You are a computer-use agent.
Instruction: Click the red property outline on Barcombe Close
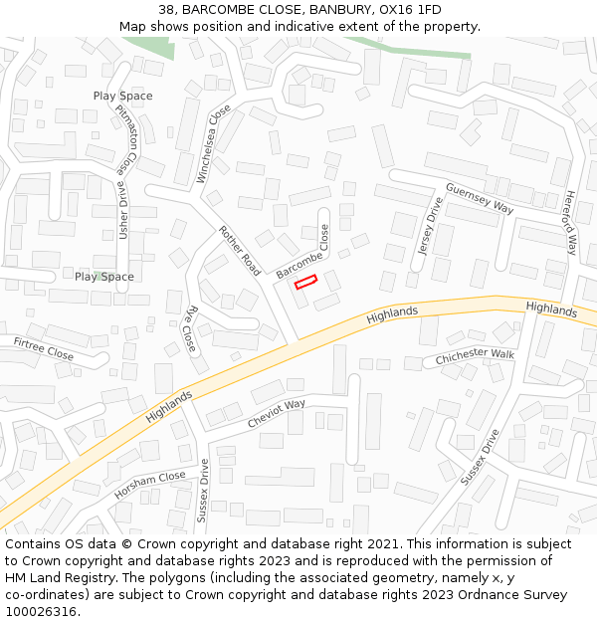[305, 282]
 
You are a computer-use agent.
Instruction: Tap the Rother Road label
[240, 251]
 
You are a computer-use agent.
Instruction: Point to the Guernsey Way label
[480, 198]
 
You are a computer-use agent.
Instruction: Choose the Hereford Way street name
[571, 222]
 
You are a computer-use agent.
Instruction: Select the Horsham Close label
[150, 485]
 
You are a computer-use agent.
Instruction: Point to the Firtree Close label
[44, 348]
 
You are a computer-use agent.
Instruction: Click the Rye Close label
[190, 329]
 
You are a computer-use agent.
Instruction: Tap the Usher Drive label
[123, 209]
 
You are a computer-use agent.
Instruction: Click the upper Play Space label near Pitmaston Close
[123, 97]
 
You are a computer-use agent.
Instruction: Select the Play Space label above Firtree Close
[104, 277]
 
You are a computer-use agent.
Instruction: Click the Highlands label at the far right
[551, 310]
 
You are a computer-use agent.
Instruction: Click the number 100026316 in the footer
[42, 612]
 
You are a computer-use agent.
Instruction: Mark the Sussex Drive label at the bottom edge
[204, 491]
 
